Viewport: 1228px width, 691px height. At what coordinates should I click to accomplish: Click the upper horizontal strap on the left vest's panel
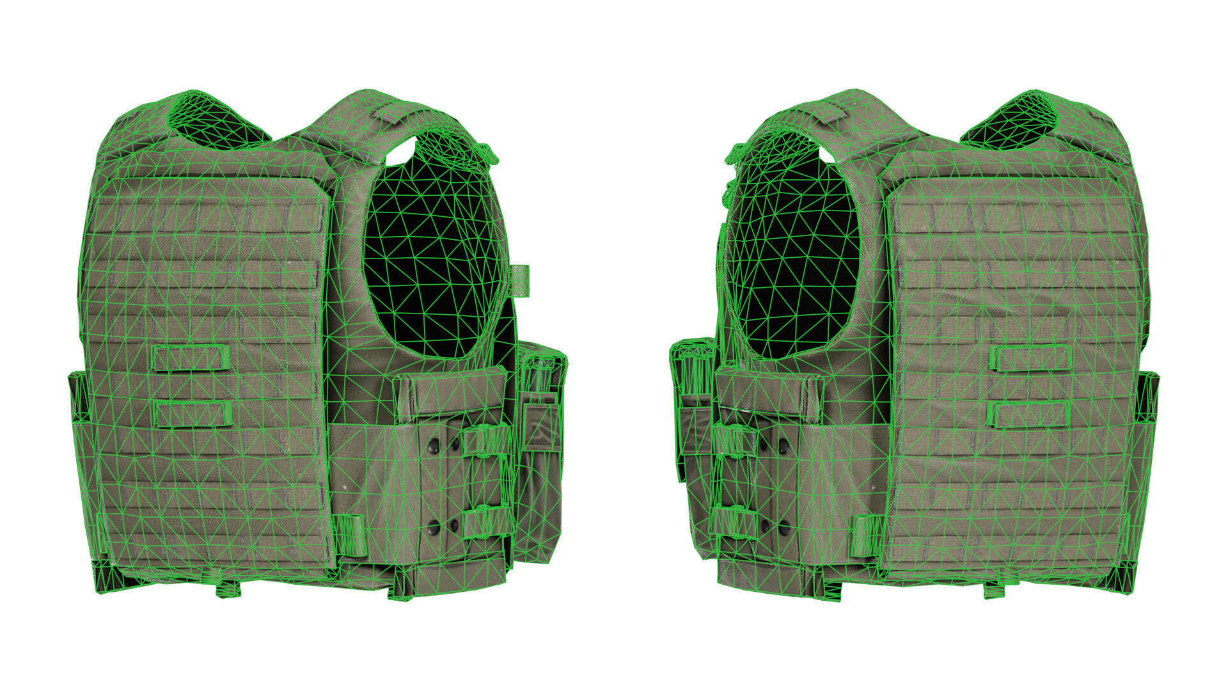tap(191, 358)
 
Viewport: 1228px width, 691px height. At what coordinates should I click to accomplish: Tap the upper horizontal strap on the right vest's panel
tap(1030, 358)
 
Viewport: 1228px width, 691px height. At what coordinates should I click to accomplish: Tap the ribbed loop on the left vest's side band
tap(350, 534)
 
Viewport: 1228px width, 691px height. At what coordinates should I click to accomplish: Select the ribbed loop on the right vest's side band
tap(868, 535)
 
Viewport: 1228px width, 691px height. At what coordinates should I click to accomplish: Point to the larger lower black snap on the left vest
tap(434, 528)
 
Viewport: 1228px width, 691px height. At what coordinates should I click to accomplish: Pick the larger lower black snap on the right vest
tap(784, 528)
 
